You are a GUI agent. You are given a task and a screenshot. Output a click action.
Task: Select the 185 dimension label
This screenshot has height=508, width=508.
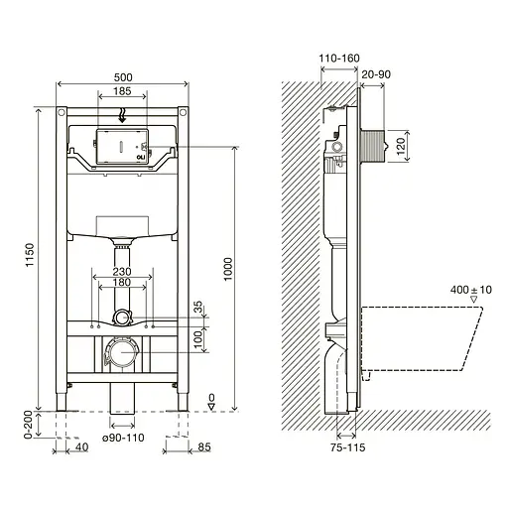pyautogui.click(x=122, y=90)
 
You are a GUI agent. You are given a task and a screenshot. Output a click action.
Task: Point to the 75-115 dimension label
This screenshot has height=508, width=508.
pyautogui.click(x=347, y=447)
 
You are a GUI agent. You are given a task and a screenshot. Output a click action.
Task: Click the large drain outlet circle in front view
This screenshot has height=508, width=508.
pyautogui.click(x=121, y=351)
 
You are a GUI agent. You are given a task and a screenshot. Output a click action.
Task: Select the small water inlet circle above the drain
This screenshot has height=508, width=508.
pyautogui.click(x=121, y=318)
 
